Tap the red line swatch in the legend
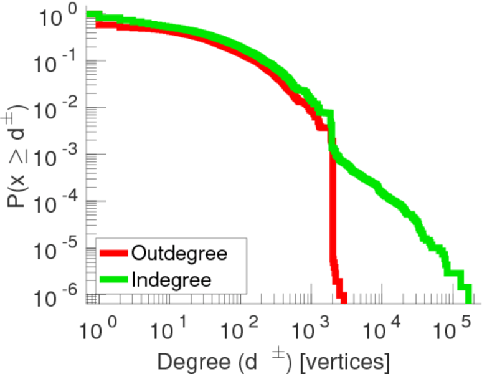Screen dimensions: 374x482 (114, 253)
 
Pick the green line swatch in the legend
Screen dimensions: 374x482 (114, 279)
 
